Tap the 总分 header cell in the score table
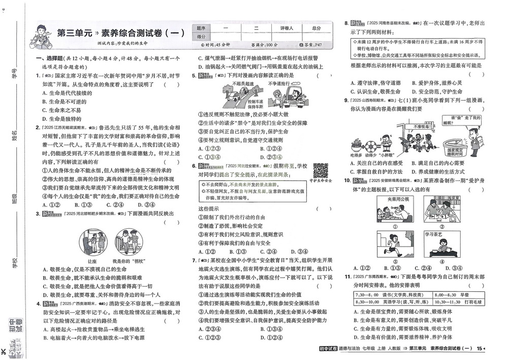(x=316, y=28)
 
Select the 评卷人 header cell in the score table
(x=284, y=28)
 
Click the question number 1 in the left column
(x=37, y=76)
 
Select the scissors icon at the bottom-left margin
(x=5, y=351)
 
